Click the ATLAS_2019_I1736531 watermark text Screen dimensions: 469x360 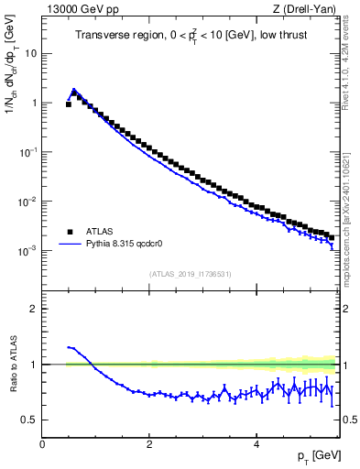(190, 274)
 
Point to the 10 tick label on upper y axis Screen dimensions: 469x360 (30, 53)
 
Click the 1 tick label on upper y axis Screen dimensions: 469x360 (33, 103)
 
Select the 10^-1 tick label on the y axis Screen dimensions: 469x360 (28, 151)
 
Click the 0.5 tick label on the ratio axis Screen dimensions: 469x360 (29, 420)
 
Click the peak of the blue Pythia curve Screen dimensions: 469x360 (74, 90)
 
